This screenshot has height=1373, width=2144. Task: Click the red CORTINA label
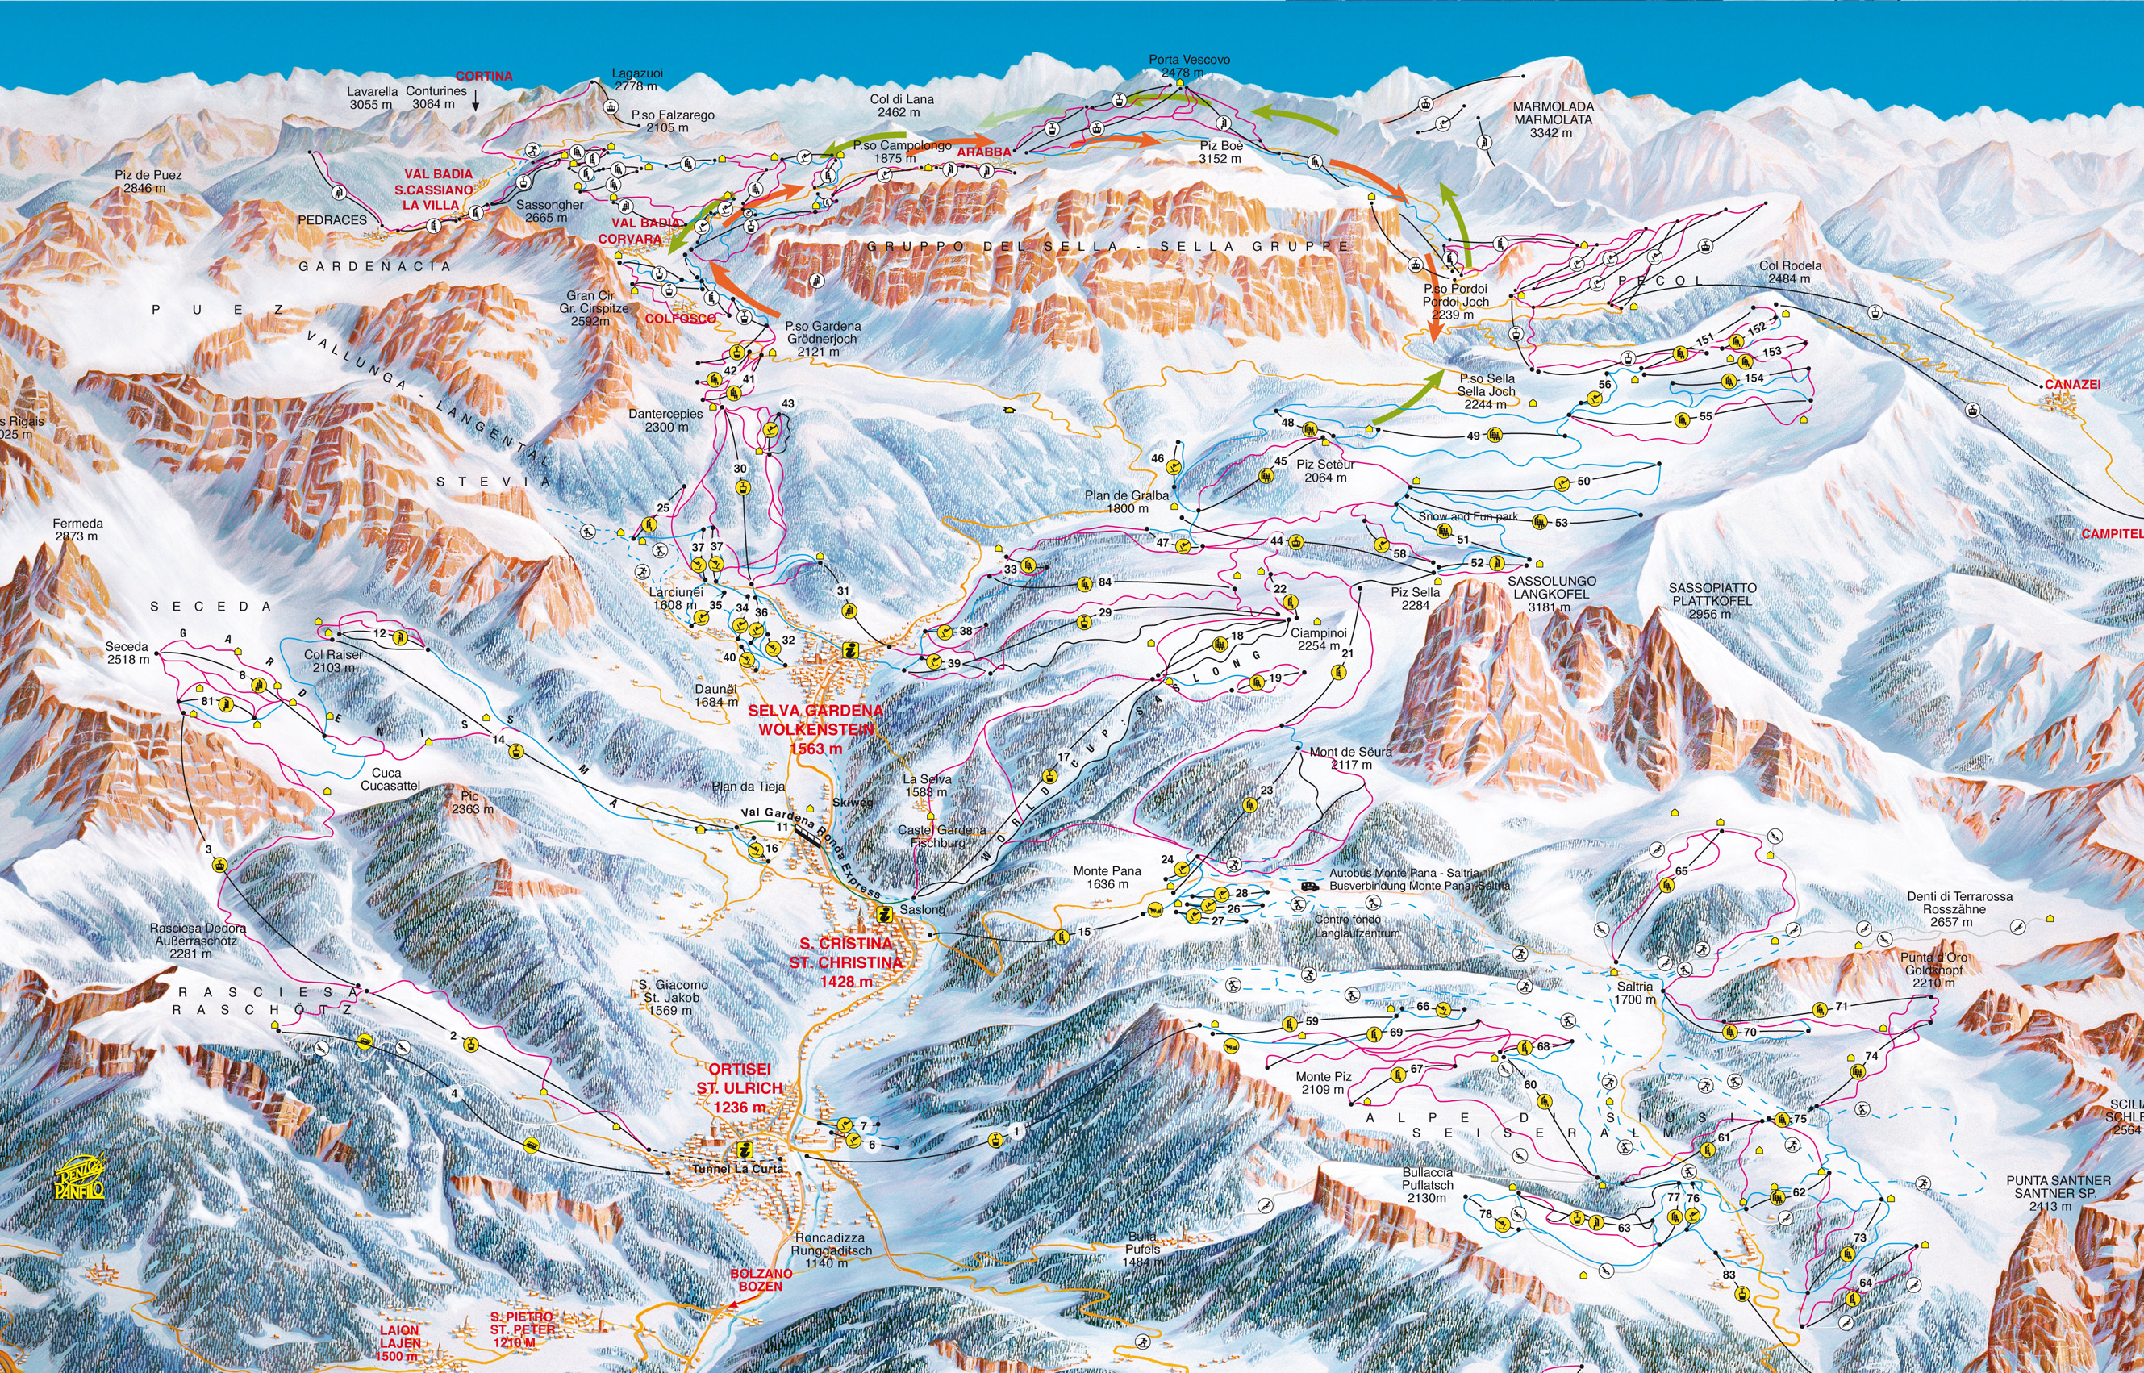pos(484,76)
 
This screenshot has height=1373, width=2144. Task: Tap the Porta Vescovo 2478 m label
pos(1188,65)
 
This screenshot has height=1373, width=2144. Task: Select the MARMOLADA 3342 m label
pos(1553,119)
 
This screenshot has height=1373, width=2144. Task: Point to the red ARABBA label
pos(984,152)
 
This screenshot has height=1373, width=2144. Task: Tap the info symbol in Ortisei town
pos(743,1150)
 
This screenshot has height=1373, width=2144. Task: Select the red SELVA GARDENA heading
pos(815,711)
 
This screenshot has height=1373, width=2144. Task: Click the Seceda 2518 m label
pos(127,653)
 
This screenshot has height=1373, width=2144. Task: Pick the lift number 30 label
pos(740,468)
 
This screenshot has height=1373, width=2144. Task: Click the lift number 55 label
pos(1704,416)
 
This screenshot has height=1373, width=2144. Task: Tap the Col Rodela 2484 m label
pos(1790,272)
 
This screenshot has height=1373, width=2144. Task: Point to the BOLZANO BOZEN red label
pos(761,1279)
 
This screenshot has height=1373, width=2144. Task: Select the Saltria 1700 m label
pos(1635,993)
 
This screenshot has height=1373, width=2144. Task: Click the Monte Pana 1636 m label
pos(1107,878)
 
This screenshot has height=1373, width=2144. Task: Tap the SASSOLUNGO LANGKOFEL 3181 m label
pos(1551,594)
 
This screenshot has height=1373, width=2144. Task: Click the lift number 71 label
pos(1842,1006)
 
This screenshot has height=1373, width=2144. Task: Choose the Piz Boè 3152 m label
pos(1220,152)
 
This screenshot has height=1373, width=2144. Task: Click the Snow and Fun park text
pos(1467,516)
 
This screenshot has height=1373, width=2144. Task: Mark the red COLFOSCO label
pos(679,319)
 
